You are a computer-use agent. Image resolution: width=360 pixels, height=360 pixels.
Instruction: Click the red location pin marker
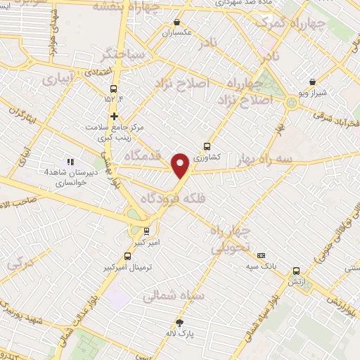[x=181, y=165]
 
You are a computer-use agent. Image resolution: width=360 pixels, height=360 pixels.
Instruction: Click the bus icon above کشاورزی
[x=206, y=146]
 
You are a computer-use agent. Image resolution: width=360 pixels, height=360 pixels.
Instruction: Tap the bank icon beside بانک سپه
[x=262, y=255]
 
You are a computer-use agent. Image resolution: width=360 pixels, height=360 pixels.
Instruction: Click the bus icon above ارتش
[x=296, y=270]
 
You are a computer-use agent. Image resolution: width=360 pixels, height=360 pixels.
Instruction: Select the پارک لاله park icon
[x=179, y=323]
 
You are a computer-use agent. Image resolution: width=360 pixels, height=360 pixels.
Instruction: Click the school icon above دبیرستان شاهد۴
[x=70, y=162]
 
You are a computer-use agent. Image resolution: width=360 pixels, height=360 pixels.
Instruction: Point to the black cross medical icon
[x=113, y=117]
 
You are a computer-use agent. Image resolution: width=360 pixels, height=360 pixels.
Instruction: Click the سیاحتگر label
[x=124, y=54]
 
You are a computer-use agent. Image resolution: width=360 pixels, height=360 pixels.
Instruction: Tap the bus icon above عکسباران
[x=167, y=21]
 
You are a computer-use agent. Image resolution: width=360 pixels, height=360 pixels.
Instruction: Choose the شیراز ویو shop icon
[x=312, y=82]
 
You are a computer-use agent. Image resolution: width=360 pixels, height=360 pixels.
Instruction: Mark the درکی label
[x=19, y=265]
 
